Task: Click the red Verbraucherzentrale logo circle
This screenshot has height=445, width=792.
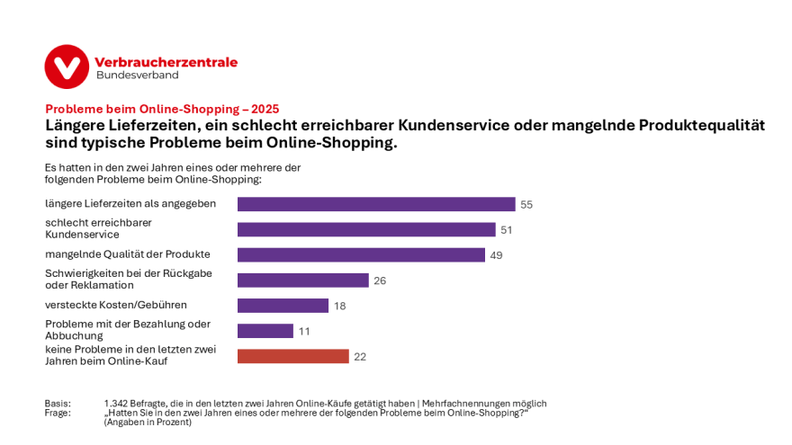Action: pos(67,67)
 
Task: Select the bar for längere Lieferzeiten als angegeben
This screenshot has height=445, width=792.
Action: pos(375,204)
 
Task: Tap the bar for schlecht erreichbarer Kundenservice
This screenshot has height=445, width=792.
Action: pos(365,229)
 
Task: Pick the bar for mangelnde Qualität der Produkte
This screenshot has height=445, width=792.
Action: pos(361,254)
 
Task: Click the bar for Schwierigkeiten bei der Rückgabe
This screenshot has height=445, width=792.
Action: pos(302,280)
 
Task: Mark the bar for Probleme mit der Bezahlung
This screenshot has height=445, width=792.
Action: pos(265,331)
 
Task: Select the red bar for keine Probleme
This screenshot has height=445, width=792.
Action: pos(292,356)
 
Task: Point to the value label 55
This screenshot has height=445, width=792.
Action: pos(526,205)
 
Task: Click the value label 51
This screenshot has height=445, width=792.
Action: pos(507,230)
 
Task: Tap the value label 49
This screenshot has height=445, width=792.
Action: pos(496,255)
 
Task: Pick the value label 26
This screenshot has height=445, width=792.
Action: pos(380,280)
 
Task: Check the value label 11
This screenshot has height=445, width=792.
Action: pos(304,332)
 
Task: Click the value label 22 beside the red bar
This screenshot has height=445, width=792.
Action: pos(360,357)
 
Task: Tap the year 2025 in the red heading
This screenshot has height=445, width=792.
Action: pos(265,109)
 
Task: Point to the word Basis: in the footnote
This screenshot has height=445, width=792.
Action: pos(58,404)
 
